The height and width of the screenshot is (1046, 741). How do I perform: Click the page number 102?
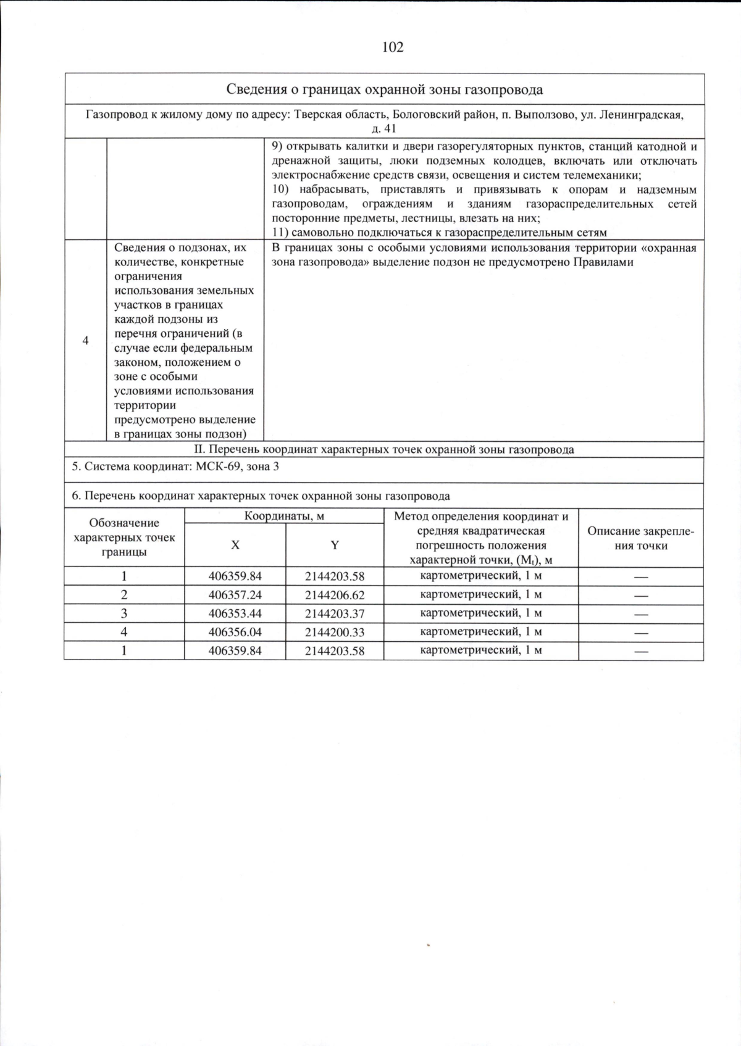(x=393, y=48)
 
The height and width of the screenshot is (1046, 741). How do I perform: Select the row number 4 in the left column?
(x=85, y=341)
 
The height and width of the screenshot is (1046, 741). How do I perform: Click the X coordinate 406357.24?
(x=235, y=595)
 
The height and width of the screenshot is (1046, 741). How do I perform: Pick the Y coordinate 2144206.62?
(x=335, y=595)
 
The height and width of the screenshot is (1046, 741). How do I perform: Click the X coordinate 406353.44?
(x=235, y=613)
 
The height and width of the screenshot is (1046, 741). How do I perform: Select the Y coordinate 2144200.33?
(x=335, y=632)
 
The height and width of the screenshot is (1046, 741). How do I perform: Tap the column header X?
(x=235, y=545)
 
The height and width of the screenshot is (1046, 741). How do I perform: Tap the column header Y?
(x=335, y=545)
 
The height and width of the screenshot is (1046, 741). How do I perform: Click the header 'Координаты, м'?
(x=284, y=516)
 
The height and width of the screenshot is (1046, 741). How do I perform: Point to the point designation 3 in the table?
(x=124, y=613)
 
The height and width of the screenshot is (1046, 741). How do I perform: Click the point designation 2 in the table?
(x=124, y=595)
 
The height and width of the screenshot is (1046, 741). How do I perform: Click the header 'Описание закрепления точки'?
(x=640, y=538)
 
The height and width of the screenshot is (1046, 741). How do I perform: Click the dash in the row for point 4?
(x=640, y=633)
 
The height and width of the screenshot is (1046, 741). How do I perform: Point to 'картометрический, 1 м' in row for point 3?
(x=480, y=613)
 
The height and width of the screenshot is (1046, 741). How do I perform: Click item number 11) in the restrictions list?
(x=280, y=233)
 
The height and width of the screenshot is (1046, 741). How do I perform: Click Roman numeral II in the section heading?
(x=199, y=449)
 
